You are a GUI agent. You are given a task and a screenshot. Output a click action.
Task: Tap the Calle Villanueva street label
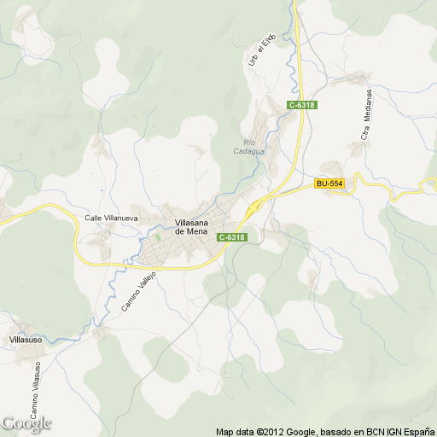pyautogui.click(x=111, y=218)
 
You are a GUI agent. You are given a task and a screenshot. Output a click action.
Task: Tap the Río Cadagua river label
pyautogui.click(x=249, y=147)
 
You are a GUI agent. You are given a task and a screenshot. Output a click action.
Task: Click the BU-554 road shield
pyautogui.click(x=329, y=184)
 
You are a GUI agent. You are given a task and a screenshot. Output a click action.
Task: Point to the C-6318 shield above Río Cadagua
pyautogui.click(x=302, y=105)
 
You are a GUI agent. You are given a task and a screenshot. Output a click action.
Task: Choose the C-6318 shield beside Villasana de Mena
pyautogui.click(x=231, y=237)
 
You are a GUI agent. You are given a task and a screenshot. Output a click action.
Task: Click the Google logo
pyautogui.click(x=26, y=423)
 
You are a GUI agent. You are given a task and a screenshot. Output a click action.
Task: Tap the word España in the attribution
pyautogui.click(x=416, y=431)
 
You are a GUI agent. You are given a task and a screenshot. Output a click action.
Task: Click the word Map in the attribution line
pyautogui.click(x=224, y=431)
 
